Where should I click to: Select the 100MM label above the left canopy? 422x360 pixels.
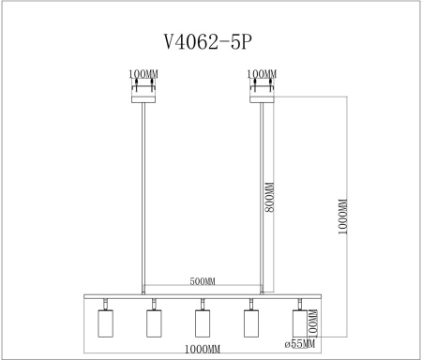point(142,73)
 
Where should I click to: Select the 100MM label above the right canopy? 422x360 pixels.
point(263,73)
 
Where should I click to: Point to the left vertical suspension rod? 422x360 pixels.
point(143,197)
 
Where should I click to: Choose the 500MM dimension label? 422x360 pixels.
point(203,281)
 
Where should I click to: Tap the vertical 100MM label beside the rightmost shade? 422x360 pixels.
point(313,322)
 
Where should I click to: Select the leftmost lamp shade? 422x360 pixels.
point(105,323)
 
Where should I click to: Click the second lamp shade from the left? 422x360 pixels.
point(154,323)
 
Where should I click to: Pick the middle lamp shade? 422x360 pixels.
point(203,323)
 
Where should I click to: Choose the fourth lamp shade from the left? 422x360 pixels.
point(250,323)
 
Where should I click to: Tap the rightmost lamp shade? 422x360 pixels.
point(299,323)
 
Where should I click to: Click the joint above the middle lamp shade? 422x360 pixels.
point(203,304)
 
